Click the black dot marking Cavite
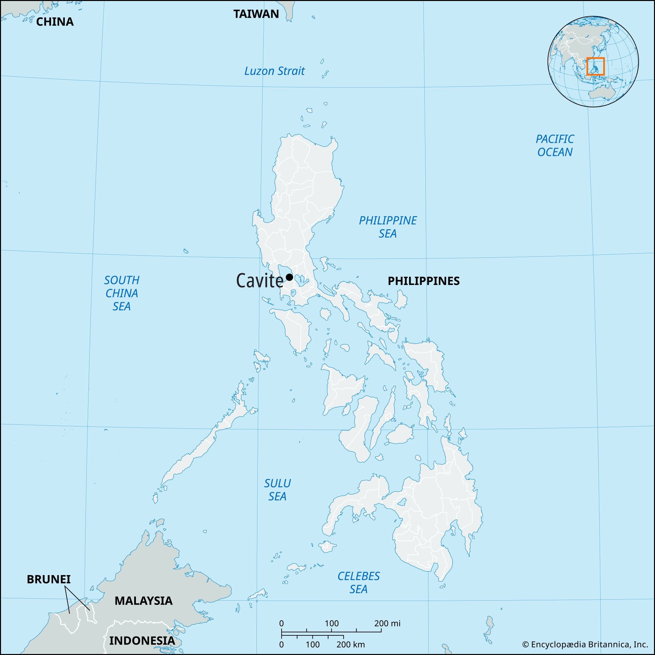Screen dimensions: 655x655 coord(289,277)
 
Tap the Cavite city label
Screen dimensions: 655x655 coord(259,281)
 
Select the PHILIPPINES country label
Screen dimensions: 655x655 coord(423,281)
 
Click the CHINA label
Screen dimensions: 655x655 coord(55,22)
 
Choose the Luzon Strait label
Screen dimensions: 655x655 coord(275,71)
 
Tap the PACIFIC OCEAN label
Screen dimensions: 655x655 coord(555,145)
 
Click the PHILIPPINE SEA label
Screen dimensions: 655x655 coord(388,227)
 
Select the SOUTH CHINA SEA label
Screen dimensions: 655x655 coord(122,293)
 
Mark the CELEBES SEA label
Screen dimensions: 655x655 coord(358,582)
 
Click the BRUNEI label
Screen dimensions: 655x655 coord(49,579)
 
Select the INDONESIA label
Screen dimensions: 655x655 coord(142,640)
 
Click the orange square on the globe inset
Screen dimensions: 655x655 coord(595,66)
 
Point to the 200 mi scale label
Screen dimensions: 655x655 coord(387,623)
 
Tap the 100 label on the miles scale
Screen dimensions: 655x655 coord(331,623)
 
